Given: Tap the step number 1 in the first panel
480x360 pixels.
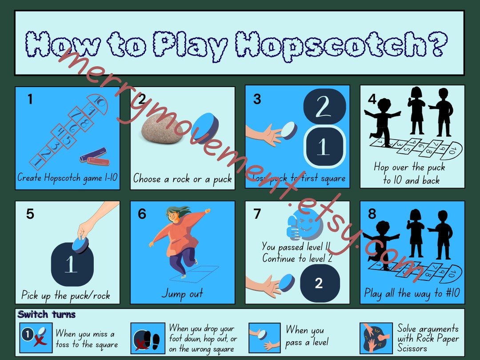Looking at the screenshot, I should tap(30, 99).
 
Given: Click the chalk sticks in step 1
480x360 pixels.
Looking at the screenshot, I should tap(94, 156).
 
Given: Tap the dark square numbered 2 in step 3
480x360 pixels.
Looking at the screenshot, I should tap(324, 107).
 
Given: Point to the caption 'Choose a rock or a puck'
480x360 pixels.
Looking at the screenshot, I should tap(182, 179).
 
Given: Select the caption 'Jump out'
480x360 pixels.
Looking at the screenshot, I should tap(182, 294).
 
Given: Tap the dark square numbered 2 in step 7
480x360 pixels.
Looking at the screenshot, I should tap(319, 284).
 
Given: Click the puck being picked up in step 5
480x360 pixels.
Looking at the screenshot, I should tap(80, 244).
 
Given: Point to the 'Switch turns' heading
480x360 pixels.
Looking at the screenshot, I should tap(47, 315).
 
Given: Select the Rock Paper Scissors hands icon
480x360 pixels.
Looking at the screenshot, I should tap(376, 338).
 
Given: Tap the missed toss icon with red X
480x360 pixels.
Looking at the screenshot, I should tap(36, 338).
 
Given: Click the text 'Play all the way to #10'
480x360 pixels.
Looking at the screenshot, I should tap(412, 293).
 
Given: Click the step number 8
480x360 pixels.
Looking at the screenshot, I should tap(372, 214).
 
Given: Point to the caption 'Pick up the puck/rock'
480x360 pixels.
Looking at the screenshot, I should tap(66, 295).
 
